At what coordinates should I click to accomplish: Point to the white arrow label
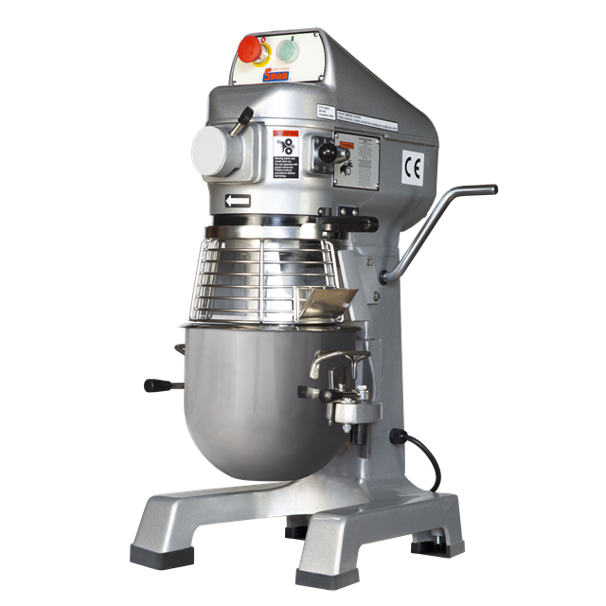pos(236,200)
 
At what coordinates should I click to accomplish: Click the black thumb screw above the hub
pos(244,116)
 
